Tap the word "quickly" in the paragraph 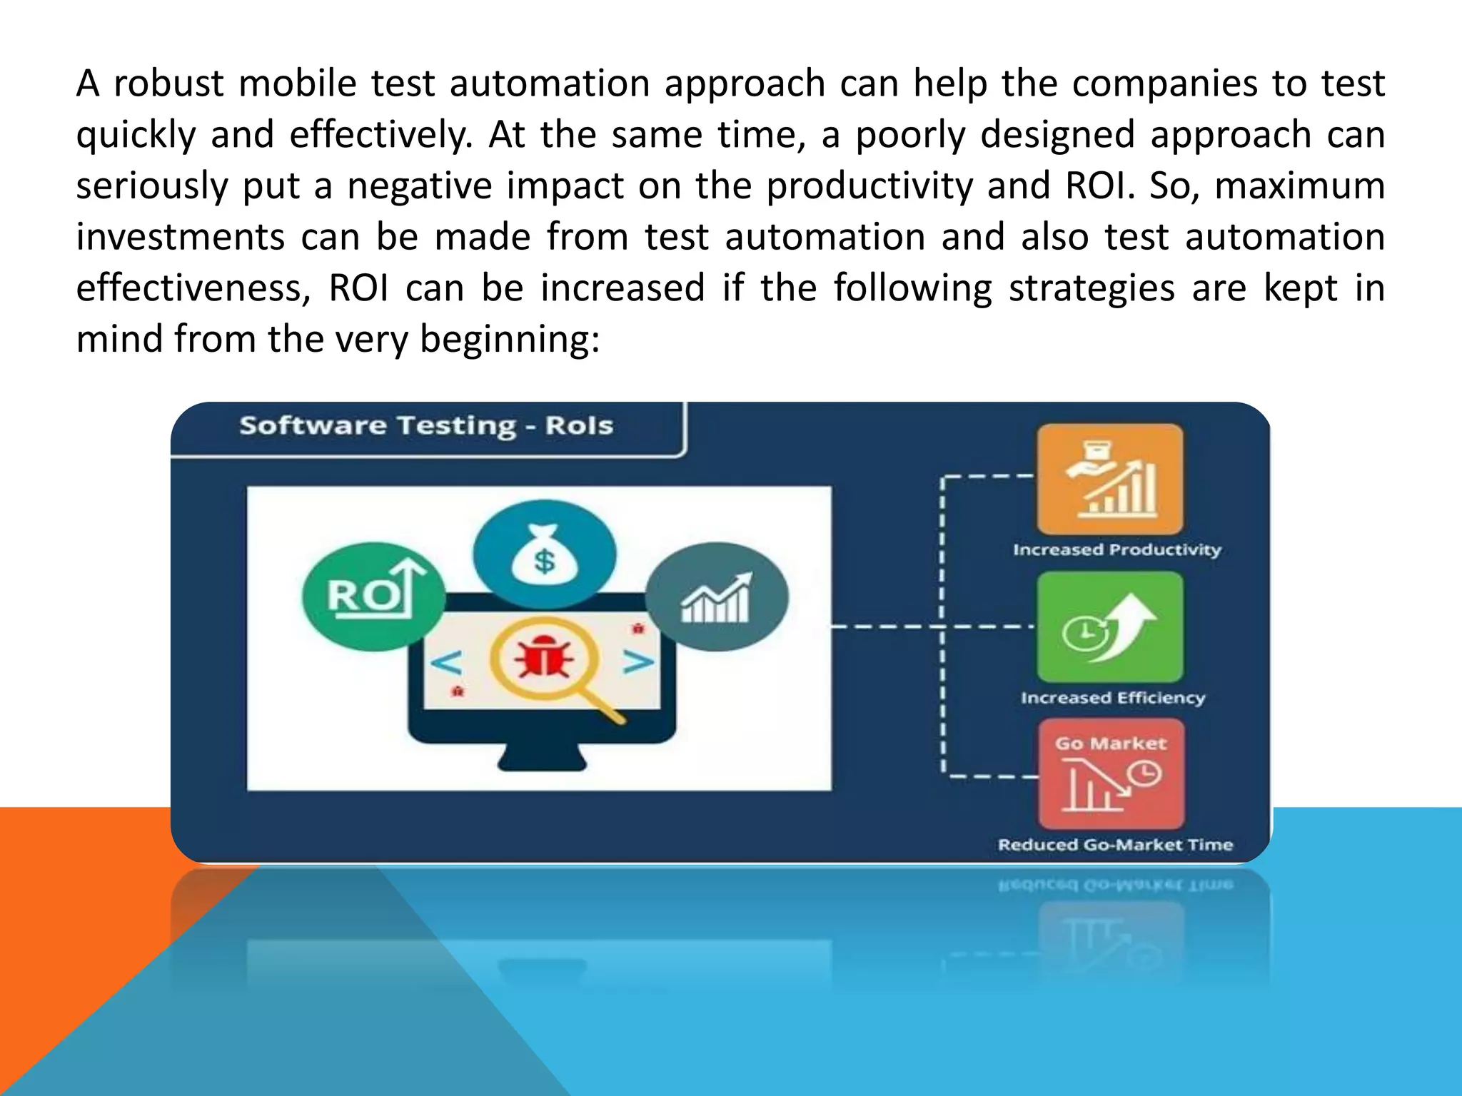pyautogui.click(x=136, y=136)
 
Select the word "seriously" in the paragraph pyautogui.click(x=151, y=186)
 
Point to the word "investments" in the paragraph pyautogui.click(x=180, y=237)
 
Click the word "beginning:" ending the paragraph pyautogui.click(x=510, y=340)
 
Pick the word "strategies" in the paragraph pyautogui.click(x=1091, y=288)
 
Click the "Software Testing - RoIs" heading pyautogui.click(x=426, y=426)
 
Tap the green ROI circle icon pyautogui.click(x=373, y=596)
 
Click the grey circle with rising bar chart pyautogui.click(x=717, y=597)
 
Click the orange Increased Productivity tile pyautogui.click(x=1109, y=479)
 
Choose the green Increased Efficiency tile pyautogui.click(x=1109, y=627)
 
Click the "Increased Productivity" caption pyautogui.click(x=1117, y=550)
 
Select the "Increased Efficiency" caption pyautogui.click(x=1113, y=698)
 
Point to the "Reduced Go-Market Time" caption pyautogui.click(x=1115, y=845)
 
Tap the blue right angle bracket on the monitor pyautogui.click(x=638, y=662)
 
